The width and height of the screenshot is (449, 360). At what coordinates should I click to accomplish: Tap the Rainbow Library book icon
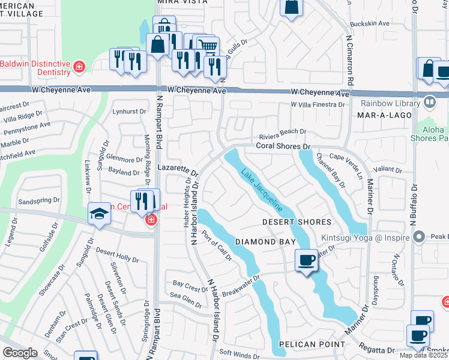pyautogui.click(x=429, y=102)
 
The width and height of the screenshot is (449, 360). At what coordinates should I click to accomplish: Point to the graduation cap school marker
pyautogui.click(x=99, y=214)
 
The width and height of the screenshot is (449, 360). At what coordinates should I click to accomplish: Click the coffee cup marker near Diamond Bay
pyautogui.click(x=307, y=260)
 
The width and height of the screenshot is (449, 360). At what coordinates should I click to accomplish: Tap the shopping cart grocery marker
pyautogui.click(x=208, y=46)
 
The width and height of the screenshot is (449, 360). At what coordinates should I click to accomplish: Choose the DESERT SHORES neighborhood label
pyautogui.click(x=297, y=222)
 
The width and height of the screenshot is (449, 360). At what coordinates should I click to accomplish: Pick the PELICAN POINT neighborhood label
pyautogui.click(x=312, y=344)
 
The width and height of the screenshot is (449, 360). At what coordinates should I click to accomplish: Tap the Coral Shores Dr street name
pyautogui.click(x=282, y=146)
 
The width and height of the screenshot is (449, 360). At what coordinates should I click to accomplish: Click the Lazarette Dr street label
pyautogui.click(x=177, y=168)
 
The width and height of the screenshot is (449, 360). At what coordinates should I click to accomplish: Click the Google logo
pyautogui.click(x=20, y=353)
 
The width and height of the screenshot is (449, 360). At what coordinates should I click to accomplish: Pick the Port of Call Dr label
pyautogui.click(x=216, y=246)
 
